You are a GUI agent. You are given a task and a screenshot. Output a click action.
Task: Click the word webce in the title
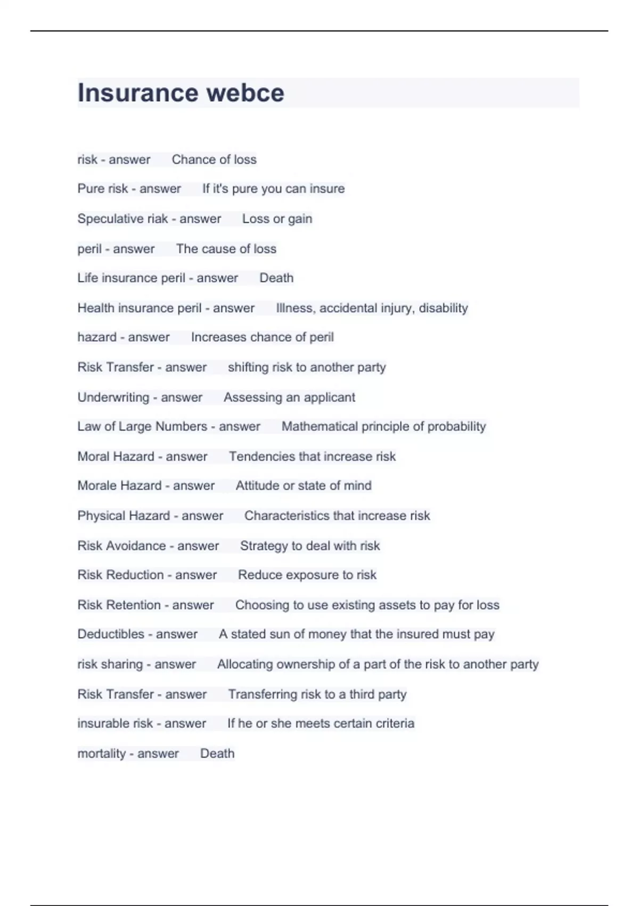[x=245, y=93]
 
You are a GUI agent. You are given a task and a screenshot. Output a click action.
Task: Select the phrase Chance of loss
[x=214, y=159]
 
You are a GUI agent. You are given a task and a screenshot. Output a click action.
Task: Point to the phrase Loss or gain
[x=277, y=219]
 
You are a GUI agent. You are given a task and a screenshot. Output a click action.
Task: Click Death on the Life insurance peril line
[x=276, y=278]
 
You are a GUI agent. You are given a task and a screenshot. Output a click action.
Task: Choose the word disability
[x=444, y=308]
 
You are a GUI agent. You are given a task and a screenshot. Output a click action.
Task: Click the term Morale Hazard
[x=119, y=486]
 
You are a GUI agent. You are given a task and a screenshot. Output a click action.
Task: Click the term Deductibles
[x=111, y=634]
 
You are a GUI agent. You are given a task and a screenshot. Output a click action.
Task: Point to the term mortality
[x=101, y=754]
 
